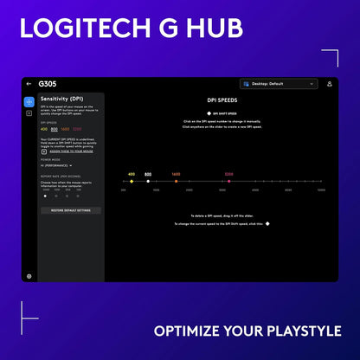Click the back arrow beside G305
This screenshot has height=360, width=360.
coord(29,84)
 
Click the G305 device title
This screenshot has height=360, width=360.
coord(48,84)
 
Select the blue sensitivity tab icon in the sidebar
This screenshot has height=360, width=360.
coord(29,101)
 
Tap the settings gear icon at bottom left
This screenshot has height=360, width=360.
coord(29,276)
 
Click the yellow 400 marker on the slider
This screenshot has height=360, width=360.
coord(132,182)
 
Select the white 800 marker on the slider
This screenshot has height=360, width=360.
coord(148,182)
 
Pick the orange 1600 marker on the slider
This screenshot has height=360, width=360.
coord(176,182)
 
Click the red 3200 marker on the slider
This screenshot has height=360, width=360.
coord(228,182)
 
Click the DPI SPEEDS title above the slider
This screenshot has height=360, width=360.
coord(224,100)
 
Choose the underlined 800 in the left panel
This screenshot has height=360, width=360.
coord(54,129)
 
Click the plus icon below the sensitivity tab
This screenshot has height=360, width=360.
coord(29,113)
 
